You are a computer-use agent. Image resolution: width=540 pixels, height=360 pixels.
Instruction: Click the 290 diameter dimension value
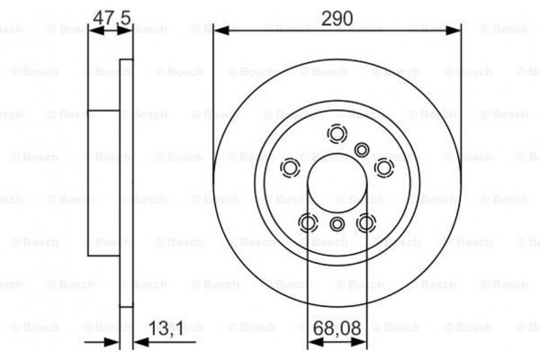click(337, 17)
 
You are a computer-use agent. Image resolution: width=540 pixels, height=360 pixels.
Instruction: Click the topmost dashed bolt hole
click(337, 135)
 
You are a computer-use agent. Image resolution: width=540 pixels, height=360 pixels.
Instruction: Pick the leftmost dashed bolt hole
click(291, 167)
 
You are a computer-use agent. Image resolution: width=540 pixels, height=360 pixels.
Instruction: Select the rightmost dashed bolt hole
click(383, 167)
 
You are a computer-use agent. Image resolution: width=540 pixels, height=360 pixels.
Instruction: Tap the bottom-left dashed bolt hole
click(308, 222)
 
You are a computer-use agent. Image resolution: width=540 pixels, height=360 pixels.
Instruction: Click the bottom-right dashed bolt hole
click(365, 222)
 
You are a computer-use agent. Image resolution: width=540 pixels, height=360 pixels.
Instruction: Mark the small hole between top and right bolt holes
click(362, 149)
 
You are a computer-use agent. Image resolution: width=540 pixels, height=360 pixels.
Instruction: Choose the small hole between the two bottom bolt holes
click(337, 225)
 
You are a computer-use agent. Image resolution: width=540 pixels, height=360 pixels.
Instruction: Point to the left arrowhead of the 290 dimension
click(219, 31)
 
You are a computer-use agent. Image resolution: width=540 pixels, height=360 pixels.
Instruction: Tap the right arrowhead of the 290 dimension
click(456, 31)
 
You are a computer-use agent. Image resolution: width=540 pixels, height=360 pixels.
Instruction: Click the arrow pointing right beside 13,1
click(113, 341)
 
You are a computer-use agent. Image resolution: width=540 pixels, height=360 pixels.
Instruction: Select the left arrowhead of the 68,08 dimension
click(312, 341)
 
